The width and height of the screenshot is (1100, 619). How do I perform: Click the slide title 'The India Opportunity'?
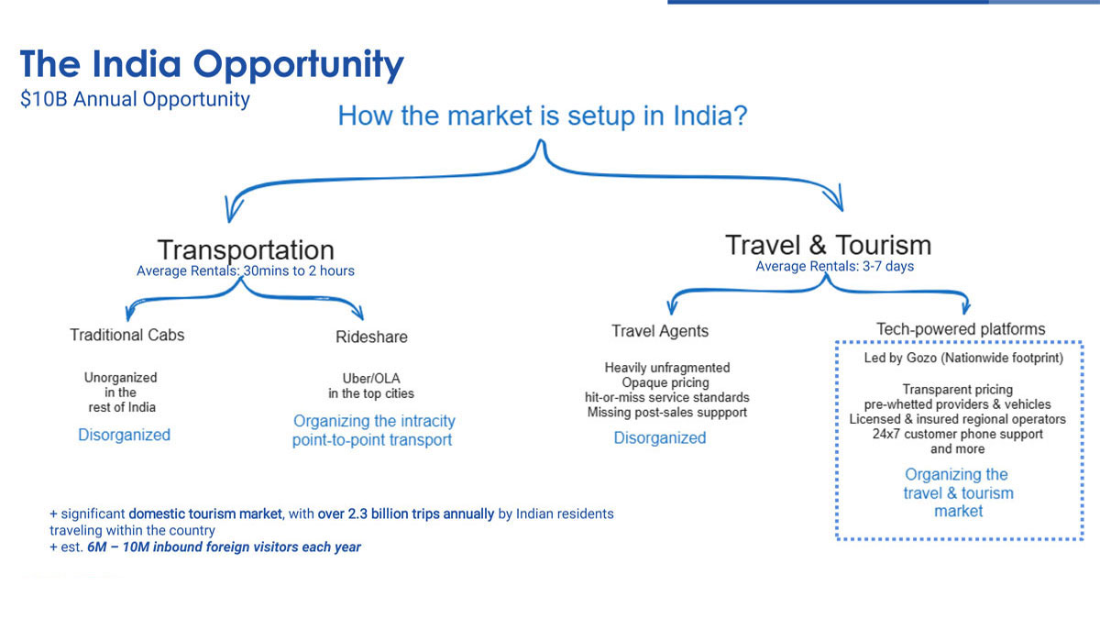[212, 65]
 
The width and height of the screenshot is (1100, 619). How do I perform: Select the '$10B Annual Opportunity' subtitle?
[135, 99]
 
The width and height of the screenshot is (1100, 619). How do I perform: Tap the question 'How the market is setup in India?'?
[543, 116]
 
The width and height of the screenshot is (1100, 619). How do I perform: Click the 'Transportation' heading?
[246, 249]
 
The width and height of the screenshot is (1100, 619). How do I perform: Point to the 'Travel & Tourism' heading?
[829, 245]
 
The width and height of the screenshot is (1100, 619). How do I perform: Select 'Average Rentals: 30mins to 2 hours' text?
[246, 271]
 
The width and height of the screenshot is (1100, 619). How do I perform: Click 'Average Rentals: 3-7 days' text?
[835, 266]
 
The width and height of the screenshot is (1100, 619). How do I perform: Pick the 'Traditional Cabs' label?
[127, 335]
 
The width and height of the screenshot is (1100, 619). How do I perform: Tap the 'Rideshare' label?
[372, 337]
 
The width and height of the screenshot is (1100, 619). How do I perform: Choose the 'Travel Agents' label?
[660, 331]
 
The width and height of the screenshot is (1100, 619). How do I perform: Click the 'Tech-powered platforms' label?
[961, 328]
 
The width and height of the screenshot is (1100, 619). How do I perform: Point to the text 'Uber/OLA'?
[371, 378]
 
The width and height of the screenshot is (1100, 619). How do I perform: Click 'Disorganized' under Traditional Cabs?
[125, 435]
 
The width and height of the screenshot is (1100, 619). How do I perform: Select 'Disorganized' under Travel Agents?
[660, 437]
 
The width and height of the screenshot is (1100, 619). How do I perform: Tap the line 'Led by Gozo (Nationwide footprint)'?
[963, 359]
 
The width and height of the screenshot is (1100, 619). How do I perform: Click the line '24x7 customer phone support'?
[958, 435]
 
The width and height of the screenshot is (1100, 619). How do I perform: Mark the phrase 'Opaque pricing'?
[665, 382]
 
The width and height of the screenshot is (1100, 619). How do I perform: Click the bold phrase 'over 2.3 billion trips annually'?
[405, 514]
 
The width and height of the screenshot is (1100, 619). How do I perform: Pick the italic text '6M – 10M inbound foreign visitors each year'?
[224, 547]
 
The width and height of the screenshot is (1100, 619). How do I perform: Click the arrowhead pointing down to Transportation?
[233, 210]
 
